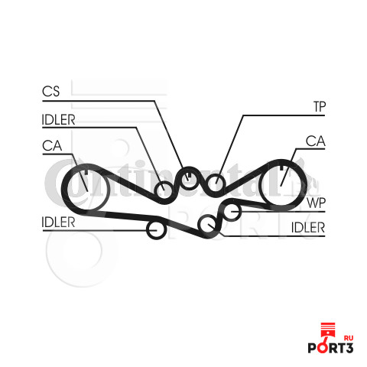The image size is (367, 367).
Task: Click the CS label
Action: tap(50, 91)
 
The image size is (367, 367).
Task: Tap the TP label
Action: tap(320, 106)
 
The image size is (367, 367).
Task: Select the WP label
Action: tap(317, 203)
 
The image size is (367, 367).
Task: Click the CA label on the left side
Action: tap(52, 145)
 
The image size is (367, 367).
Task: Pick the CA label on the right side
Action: tap(316, 141)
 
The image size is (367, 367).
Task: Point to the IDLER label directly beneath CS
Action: tap(58, 120)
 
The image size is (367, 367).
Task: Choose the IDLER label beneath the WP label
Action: tap(308, 227)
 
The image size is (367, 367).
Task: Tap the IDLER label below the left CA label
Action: tap(58, 222)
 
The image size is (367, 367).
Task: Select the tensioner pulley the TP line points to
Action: tap(216, 175)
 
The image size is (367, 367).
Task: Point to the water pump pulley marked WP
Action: tap(232, 204)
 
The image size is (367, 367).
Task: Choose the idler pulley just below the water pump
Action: tap(208, 216)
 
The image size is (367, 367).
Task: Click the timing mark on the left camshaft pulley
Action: tap(86, 172)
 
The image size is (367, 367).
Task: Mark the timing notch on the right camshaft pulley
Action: tap(281, 167)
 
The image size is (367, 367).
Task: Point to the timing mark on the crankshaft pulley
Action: tap(190, 176)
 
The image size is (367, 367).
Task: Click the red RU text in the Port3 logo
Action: tap(349, 338)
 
